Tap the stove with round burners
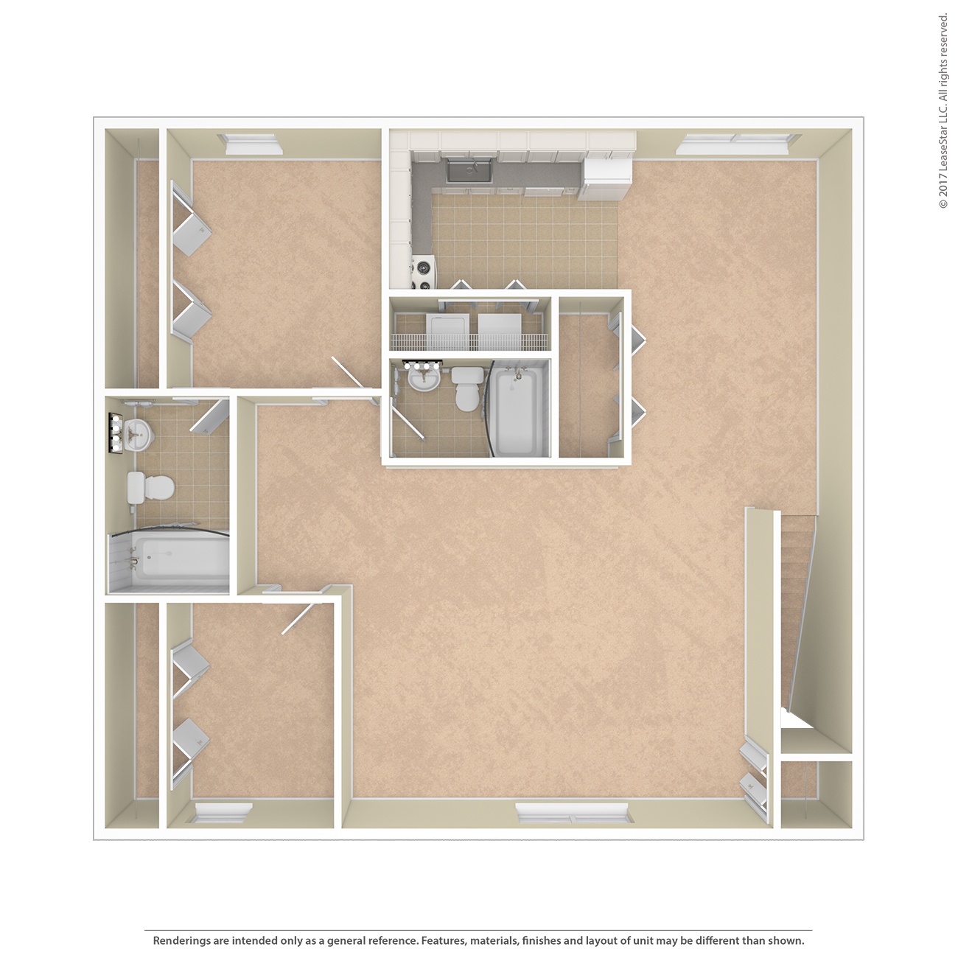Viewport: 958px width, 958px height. tap(424, 273)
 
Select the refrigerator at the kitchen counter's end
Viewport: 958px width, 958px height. tap(607, 178)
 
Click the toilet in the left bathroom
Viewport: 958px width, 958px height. tap(150, 488)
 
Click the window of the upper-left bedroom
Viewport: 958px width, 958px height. tap(253, 144)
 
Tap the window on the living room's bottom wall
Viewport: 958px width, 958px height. tap(573, 814)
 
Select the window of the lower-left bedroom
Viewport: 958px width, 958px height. tap(223, 814)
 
